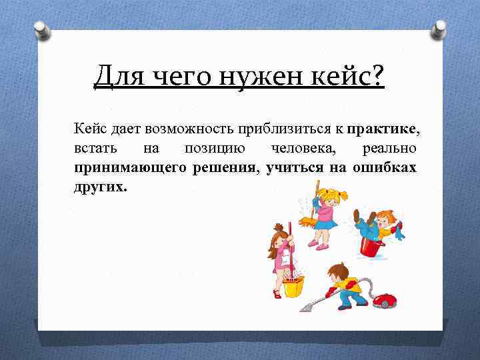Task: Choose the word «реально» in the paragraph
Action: point(389,147)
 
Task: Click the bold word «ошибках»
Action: point(386,167)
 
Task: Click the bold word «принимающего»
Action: point(131,167)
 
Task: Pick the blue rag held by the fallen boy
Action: point(398,233)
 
